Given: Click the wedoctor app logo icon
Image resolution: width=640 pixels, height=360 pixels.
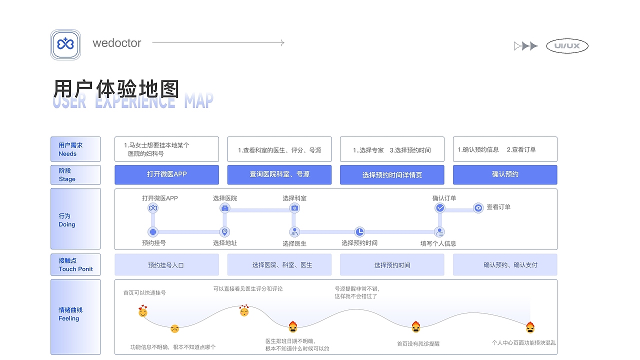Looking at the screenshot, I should coord(65,45).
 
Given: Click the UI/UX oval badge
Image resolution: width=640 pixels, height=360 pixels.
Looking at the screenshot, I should coord(567,46).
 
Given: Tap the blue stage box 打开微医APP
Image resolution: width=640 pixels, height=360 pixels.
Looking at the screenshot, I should coord(166,174).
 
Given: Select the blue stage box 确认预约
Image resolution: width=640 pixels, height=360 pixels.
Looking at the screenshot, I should coord(504,174).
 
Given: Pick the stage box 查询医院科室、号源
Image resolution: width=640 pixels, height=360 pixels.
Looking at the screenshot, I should coord(279,174).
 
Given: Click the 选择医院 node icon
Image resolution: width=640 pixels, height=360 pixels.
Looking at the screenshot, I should coord(225,208).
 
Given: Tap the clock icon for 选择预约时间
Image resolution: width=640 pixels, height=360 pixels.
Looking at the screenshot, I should coord(360,231).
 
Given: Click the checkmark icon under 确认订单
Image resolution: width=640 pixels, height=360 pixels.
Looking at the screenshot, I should coord(440,207).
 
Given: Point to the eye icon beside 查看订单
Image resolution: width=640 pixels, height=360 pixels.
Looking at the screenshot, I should coord(478,207).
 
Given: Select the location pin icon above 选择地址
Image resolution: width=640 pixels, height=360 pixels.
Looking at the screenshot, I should coord(225,231).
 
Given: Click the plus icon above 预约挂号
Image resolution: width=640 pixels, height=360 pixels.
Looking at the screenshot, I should coord(153,231).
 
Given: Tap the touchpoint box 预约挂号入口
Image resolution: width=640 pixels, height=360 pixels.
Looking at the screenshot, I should coord(166,265).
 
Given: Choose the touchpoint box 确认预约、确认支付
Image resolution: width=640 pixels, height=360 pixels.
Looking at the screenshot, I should coord(504,265).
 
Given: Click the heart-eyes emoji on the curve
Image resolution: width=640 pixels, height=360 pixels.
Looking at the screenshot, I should coord(244,311).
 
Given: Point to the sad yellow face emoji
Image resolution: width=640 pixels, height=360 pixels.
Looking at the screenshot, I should coord(174,329).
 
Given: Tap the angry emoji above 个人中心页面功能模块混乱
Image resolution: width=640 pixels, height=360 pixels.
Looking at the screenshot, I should coord(530,327).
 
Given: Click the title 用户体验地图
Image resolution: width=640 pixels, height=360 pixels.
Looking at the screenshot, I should coord(116,89).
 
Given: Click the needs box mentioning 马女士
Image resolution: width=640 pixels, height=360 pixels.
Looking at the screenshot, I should coord(166,149).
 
